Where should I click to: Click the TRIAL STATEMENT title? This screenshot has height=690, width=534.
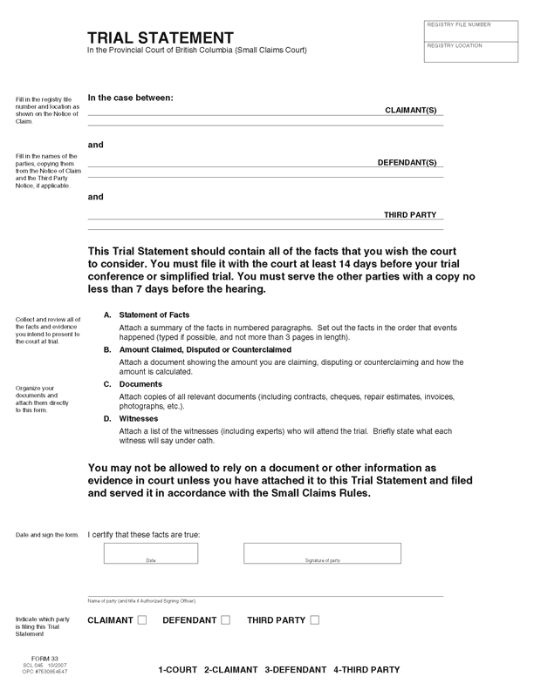pyautogui.click(x=160, y=37)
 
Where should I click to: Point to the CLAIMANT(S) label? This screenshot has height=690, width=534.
pyautogui.click(x=411, y=112)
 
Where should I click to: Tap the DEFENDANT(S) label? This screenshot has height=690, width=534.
pyautogui.click(x=407, y=163)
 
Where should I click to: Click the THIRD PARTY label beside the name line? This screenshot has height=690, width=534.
pyautogui.click(x=410, y=214)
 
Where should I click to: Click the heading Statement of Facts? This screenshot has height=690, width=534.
pyautogui.click(x=154, y=315)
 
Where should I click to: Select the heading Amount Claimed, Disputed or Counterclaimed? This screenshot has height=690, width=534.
pyautogui.click(x=209, y=349)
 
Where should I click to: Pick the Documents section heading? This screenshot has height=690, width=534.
pyautogui.click(x=140, y=384)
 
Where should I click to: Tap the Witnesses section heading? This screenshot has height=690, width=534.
pyautogui.click(x=140, y=419)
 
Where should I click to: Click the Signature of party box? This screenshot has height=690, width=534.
pyautogui.click(x=322, y=553)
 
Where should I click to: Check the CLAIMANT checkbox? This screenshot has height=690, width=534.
pyautogui.click(x=144, y=620)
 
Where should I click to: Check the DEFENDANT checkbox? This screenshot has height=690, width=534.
pyautogui.click(x=226, y=620)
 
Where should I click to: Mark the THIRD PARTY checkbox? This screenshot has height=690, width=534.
pyautogui.click(x=315, y=620)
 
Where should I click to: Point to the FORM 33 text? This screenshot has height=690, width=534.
pyautogui.click(x=44, y=659)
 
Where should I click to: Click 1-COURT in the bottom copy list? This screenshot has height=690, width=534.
pyautogui.click(x=178, y=670)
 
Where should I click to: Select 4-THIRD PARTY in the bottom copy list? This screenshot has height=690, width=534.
pyautogui.click(x=366, y=670)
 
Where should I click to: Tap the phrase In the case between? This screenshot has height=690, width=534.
pyautogui.click(x=131, y=97)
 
